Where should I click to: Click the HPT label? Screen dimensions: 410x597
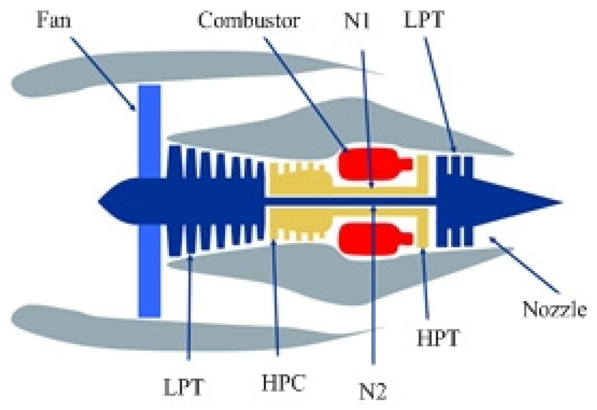click(436, 338)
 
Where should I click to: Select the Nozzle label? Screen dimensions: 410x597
click(555, 311)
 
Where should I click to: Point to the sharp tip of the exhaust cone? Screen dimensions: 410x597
click(560, 203)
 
